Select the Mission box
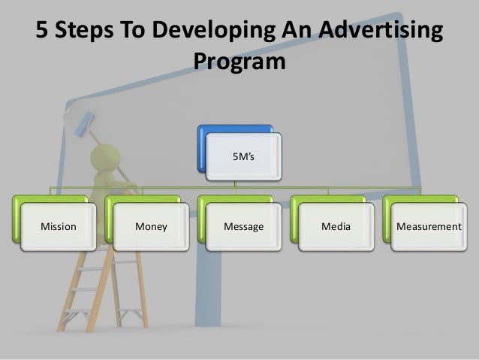58,226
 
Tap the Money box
151,226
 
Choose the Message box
244,226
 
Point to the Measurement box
429,226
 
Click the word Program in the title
239,61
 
